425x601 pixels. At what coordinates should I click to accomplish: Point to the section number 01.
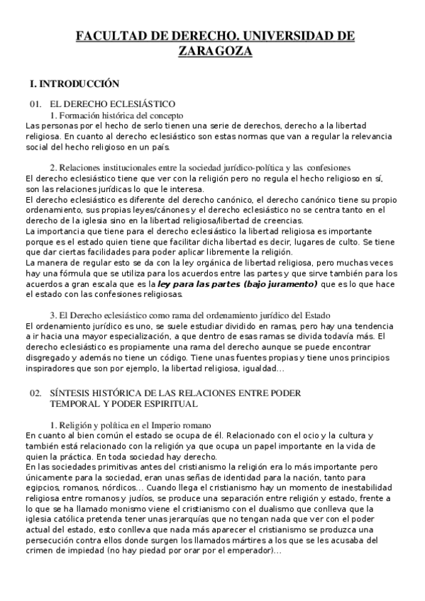point(36,104)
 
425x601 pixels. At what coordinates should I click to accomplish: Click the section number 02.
point(36,393)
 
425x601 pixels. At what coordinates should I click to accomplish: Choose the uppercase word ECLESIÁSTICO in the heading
point(136,104)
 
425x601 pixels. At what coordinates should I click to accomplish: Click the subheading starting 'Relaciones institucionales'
point(106,167)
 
